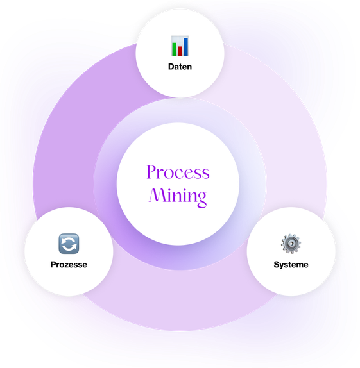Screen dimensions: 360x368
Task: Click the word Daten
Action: click(x=180, y=67)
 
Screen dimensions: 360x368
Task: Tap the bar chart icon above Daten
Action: click(x=180, y=46)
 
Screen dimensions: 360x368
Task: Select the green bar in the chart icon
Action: click(x=174, y=49)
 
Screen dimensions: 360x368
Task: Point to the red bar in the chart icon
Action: click(x=180, y=51)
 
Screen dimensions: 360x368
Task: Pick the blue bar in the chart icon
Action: click(x=185, y=47)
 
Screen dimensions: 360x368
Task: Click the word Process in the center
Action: click(x=178, y=172)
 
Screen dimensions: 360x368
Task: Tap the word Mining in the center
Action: click(x=178, y=197)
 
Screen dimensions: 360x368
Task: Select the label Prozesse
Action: click(x=69, y=265)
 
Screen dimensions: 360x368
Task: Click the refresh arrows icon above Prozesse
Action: click(x=69, y=244)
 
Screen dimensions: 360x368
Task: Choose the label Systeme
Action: click(x=291, y=265)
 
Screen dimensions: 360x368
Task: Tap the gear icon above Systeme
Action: click(x=291, y=244)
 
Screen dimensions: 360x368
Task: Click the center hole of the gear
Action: click(x=291, y=244)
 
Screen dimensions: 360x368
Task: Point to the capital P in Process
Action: click(x=151, y=172)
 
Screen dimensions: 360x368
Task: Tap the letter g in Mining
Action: click(x=201, y=200)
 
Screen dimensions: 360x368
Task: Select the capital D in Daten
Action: click(x=171, y=67)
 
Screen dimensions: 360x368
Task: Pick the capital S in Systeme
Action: click(x=277, y=265)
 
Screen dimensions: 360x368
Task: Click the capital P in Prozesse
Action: click(x=53, y=265)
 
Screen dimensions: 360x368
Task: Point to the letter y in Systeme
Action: click(x=282, y=266)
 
